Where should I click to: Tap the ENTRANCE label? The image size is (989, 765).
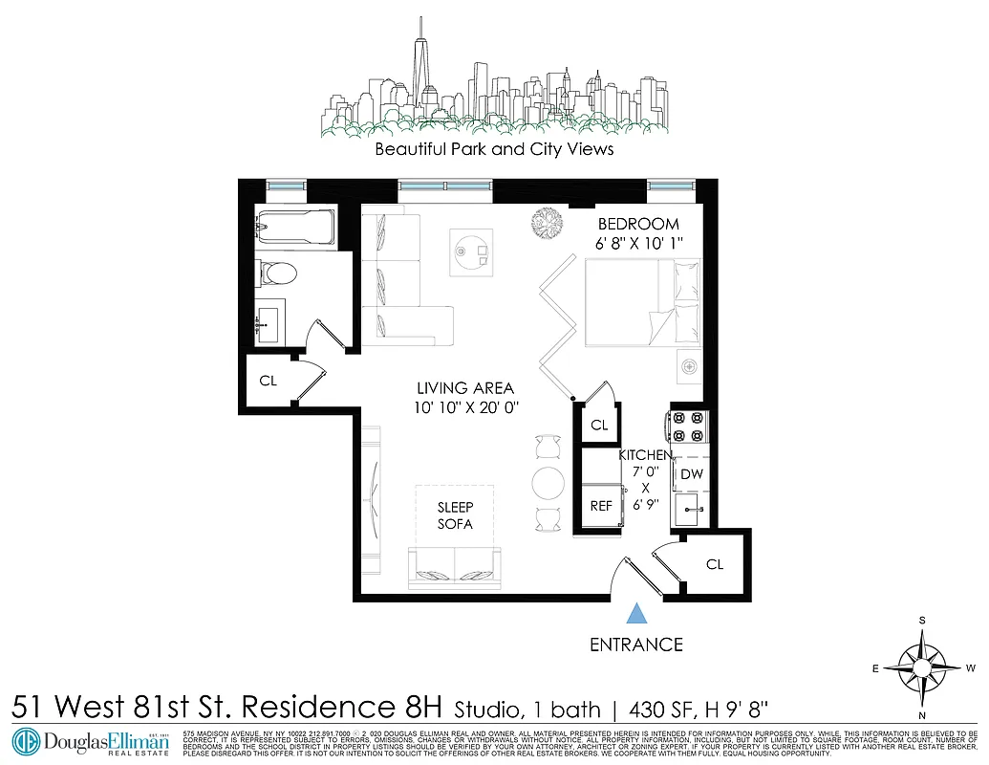click(x=636, y=645)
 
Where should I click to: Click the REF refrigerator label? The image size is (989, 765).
click(x=600, y=506)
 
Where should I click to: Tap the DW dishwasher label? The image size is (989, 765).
click(x=692, y=473)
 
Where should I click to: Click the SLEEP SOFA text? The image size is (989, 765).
click(x=455, y=514)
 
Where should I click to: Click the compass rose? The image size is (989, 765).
click(x=922, y=667)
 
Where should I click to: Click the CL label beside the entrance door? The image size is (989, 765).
click(x=715, y=564)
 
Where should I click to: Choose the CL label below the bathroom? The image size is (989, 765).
click(x=269, y=381)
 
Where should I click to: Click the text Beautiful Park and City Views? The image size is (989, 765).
click(x=494, y=150)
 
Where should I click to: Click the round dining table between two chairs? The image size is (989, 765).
click(x=548, y=482)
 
